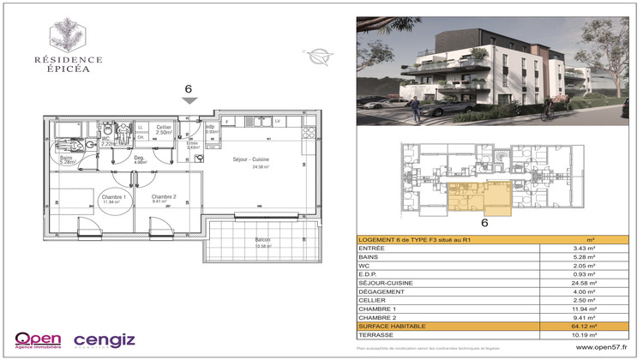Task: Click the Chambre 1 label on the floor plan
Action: coord(114,198)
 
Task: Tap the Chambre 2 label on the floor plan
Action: coord(164,198)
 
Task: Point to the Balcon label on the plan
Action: coord(263,239)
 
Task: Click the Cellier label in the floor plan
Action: coord(164,129)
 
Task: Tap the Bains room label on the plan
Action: coord(66,158)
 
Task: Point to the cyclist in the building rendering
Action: coord(549,108)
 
